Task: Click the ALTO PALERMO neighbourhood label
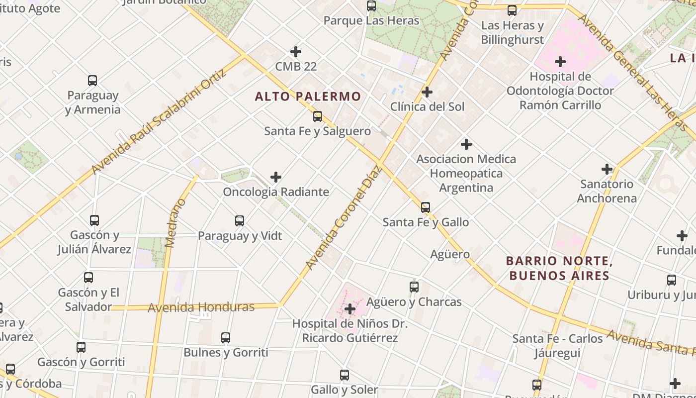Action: pos(308,97)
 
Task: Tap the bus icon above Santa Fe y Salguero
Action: pos(317,116)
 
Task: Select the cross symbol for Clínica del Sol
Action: pos(427,92)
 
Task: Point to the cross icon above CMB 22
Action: pos(296,52)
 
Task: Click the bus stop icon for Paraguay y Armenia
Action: pos(92,81)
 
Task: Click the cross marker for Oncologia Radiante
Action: pos(276,177)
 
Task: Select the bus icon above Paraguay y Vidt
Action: pos(240,221)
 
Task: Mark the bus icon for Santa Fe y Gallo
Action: pos(426,207)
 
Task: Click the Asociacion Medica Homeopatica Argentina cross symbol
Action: pos(466,144)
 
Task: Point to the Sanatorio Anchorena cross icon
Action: pos(607,169)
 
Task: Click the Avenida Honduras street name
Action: pos(201,307)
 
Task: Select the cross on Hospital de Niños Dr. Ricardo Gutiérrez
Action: pos(350,309)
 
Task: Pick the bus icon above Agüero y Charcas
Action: pos(414,287)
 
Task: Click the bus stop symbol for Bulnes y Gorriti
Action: pos(226,338)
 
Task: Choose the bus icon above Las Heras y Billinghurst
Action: pos(512,10)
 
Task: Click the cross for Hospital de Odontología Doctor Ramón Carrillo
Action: pos(560,62)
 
